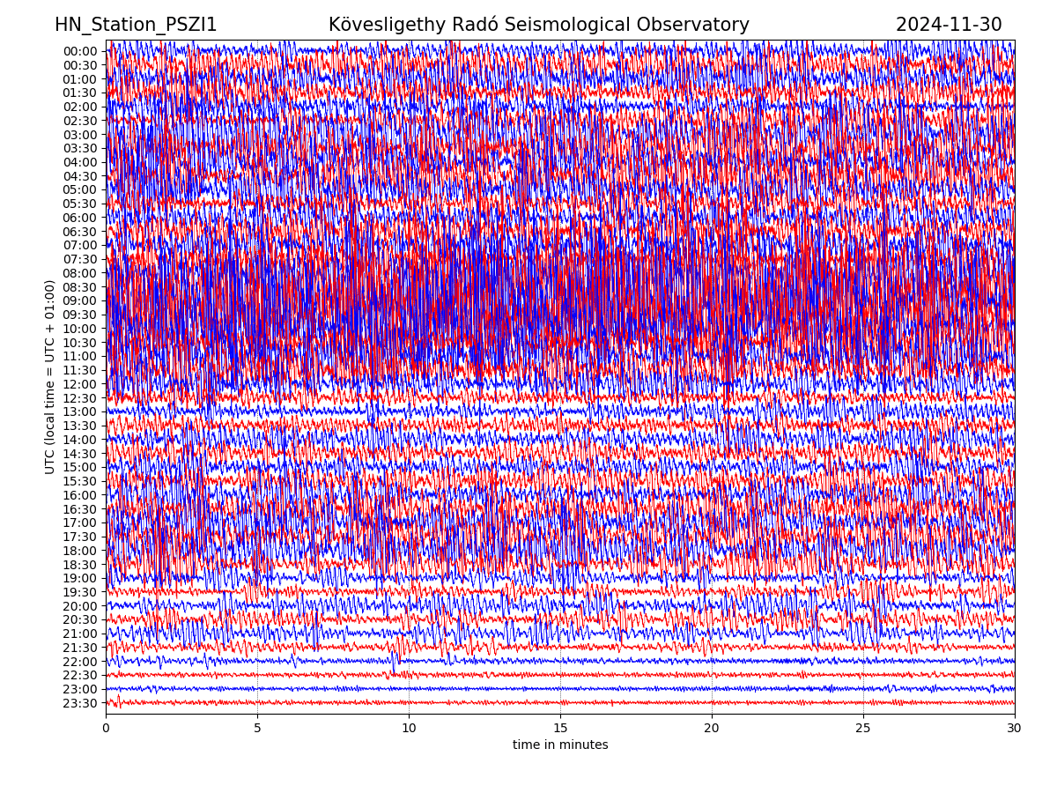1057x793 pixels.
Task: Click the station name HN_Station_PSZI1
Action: [x=136, y=26]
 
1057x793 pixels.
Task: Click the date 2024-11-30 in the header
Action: [x=949, y=26]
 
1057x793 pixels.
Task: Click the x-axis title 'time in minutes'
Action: [x=560, y=745]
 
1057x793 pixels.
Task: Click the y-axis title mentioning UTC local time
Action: [x=50, y=377]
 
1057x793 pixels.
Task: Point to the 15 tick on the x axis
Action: [x=560, y=729]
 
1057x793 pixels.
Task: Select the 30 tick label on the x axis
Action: [x=1015, y=729]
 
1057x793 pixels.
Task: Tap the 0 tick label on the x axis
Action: [x=106, y=729]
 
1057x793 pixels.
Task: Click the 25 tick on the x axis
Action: [x=863, y=729]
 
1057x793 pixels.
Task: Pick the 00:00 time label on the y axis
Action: [x=79, y=51]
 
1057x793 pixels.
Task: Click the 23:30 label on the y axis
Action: [x=79, y=703]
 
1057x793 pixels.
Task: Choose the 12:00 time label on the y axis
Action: [x=79, y=384]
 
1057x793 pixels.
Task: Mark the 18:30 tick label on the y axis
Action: [x=79, y=565]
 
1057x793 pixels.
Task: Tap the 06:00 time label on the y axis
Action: [x=79, y=218]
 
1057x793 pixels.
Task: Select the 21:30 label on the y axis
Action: [x=79, y=648]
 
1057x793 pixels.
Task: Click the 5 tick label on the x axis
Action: [x=257, y=729]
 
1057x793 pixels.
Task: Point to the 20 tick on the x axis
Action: [x=712, y=729]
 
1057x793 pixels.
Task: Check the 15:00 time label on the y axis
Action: [x=79, y=468]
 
